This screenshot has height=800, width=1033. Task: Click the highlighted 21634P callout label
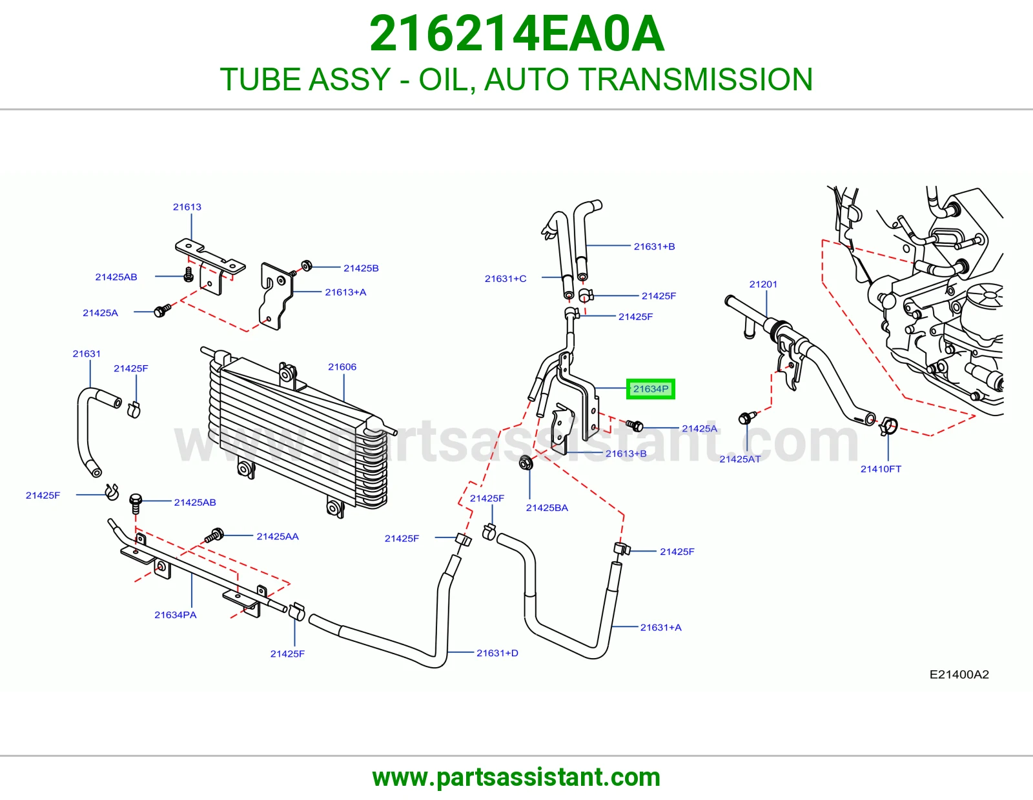pos(650,389)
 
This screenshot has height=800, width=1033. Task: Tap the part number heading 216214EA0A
pos(516,34)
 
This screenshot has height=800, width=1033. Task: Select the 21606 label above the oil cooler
pos(342,366)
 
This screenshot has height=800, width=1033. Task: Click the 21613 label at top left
pos(187,207)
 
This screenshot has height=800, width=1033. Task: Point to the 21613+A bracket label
pos(345,292)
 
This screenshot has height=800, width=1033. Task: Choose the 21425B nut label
pos(361,268)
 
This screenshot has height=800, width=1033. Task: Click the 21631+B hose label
pos(654,246)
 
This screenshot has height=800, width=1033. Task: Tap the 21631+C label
pos(506,278)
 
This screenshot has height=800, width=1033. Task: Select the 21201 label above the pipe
pos(763,284)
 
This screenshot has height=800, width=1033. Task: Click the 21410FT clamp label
pos(881,469)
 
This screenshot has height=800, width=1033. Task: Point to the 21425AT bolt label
pos(740,459)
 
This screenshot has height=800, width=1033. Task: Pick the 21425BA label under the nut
pos(547,508)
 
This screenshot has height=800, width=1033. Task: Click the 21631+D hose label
pos(497,653)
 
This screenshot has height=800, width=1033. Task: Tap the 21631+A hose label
pos(660,628)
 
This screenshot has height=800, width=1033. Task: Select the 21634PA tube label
pos(176,615)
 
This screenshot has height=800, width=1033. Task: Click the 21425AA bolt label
pos(278,536)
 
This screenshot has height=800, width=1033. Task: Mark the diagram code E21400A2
pos(959,675)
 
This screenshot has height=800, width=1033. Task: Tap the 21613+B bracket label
pos(626,454)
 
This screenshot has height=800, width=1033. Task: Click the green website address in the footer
pos(516,777)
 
